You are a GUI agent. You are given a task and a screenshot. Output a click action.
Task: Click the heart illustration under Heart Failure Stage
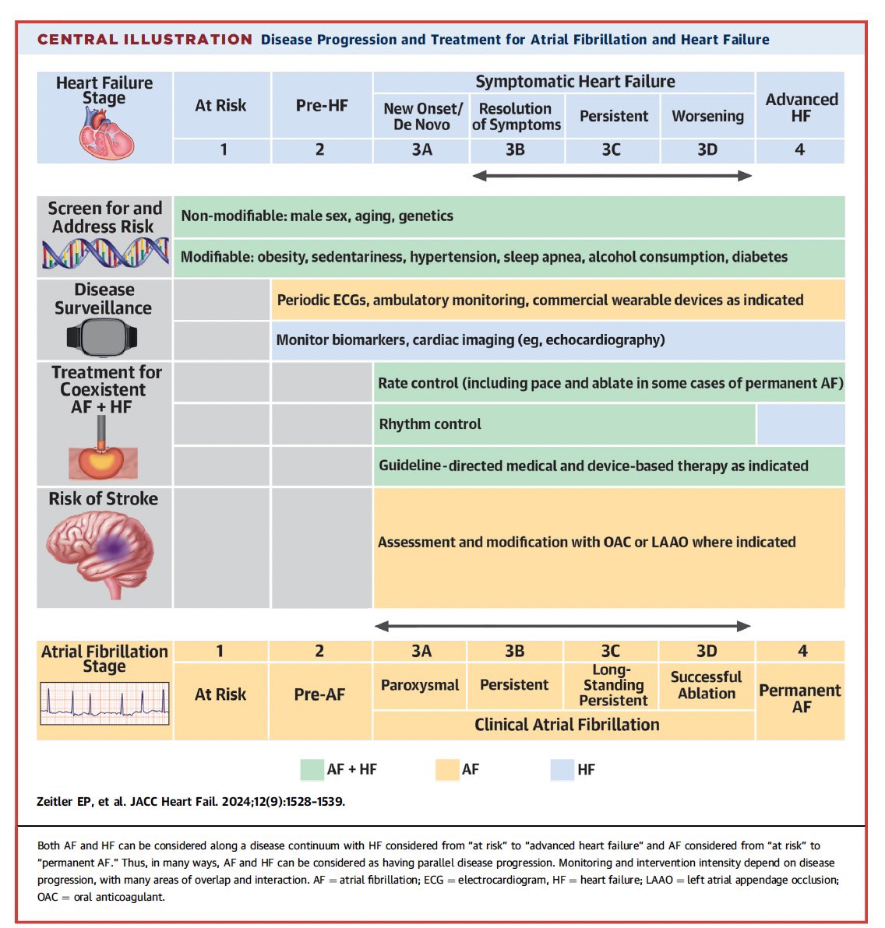(x=107, y=132)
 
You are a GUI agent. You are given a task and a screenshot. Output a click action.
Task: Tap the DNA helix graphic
(x=105, y=253)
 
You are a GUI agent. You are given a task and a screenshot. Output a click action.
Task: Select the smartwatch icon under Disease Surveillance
(x=102, y=338)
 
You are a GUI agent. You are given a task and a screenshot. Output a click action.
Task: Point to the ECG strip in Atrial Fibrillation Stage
(x=104, y=704)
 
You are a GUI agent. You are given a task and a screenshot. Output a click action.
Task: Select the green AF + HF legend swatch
(x=312, y=769)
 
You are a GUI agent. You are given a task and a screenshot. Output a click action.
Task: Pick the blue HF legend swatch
(x=562, y=769)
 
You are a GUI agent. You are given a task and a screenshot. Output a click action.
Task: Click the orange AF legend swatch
(x=447, y=769)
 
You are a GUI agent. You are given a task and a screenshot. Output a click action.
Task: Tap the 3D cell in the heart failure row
(x=707, y=149)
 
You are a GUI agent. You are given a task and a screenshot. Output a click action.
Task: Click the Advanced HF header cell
(x=801, y=107)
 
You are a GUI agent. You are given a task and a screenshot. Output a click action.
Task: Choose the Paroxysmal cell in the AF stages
(x=420, y=685)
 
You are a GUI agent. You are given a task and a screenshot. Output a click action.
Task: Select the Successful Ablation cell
(x=707, y=685)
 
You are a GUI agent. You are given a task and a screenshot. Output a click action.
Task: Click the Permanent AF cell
(x=800, y=698)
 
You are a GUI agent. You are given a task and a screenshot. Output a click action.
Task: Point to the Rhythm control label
(x=430, y=424)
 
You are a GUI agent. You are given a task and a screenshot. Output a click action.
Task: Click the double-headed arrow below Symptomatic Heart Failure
(x=612, y=176)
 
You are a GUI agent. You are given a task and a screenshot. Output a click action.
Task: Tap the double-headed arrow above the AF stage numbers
(x=562, y=626)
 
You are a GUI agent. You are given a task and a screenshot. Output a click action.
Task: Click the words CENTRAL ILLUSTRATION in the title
(x=145, y=40)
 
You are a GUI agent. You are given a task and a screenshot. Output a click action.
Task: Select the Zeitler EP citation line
(x=191, y=801)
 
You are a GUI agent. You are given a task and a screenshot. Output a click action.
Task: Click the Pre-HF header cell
(x=322, y=105)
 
